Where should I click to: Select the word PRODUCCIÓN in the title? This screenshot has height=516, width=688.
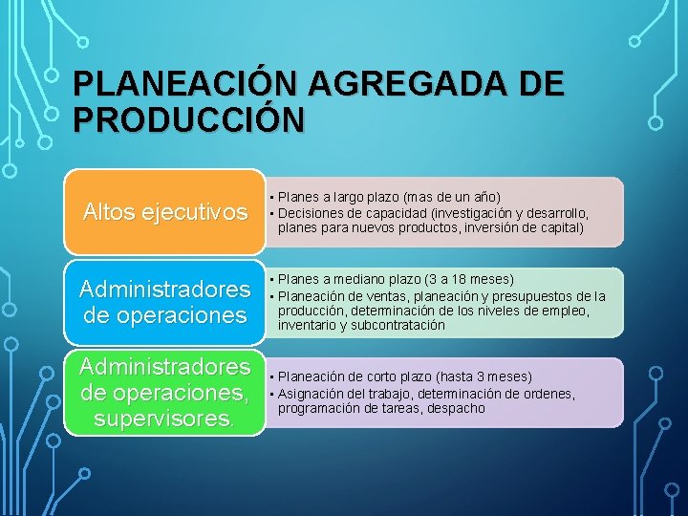[x=188, y=120]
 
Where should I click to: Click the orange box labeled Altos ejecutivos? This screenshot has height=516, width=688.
[x=163, y=211]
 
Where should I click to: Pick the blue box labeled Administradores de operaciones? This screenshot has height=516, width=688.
[x=163, y=302]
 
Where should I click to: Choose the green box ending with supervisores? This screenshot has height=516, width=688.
[x=163, y=393]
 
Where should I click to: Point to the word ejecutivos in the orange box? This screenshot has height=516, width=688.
[x=203, y=212]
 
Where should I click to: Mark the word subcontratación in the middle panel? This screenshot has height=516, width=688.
[x=397, y=325]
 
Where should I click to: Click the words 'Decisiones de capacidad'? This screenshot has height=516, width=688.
[x=350, y=212]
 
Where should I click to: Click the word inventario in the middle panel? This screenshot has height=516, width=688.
[x=307, y=325]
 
